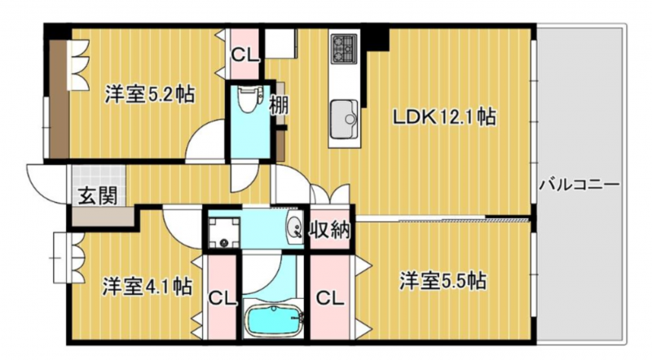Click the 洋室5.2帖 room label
[150, 94]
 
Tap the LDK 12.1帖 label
[444, 116]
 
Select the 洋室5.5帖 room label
[443, 281]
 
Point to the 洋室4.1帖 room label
[148, 286]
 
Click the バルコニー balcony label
[579, 185]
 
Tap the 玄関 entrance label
[98, 195]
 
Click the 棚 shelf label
[279, 105]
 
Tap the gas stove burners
[344, 48]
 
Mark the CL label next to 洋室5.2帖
[245, 55]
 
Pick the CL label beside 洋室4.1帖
[222, 298]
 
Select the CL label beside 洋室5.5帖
[330, 297]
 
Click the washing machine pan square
[223, 232]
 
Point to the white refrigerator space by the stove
[280, 43]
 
